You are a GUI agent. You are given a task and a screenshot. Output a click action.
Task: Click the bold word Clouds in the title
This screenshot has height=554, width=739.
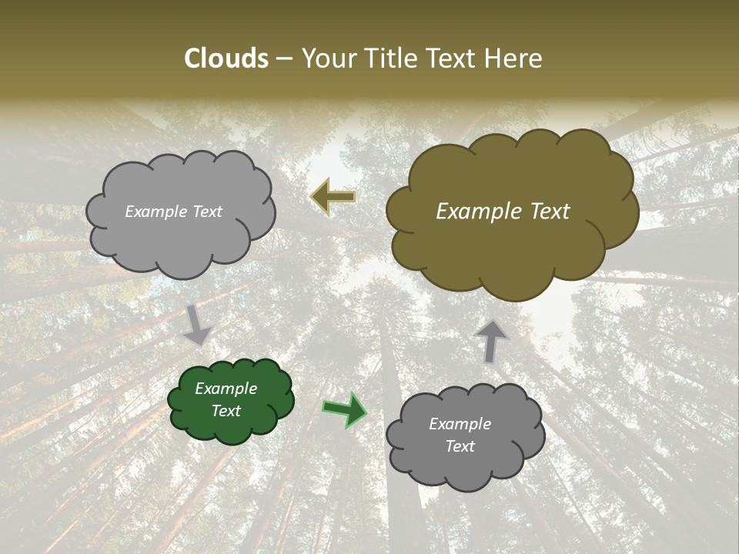[x=226, y=58]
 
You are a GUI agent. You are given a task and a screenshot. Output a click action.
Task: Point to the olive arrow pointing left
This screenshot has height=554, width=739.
[x=333, y=197]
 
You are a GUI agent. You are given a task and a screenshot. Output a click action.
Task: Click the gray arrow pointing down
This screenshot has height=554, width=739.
[x=197, y=324]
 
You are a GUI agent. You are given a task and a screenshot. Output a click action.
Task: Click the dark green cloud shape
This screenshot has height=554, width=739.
[x=230, y=400]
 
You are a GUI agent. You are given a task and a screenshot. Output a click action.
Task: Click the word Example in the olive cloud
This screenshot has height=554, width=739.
[x=477, y=212]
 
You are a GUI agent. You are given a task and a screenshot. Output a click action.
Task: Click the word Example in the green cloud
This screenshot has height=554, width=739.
[x=226, y=389]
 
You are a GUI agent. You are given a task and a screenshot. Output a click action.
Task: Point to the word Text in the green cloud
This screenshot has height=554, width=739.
[x=226, y=411]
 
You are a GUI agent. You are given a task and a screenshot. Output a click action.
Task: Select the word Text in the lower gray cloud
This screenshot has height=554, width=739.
[x=460, y=446]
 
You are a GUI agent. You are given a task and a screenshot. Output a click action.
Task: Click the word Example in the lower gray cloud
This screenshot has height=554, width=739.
[x=460, y=424]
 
